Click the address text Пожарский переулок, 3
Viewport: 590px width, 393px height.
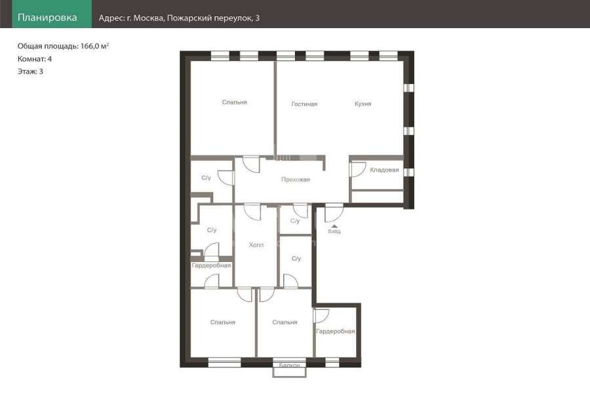pyautogui.click(x=213, y=18)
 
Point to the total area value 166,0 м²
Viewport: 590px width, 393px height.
pyautogui.click(x=94, y=46)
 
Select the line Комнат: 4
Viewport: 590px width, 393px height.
pyautogui.click(x=35, y=59)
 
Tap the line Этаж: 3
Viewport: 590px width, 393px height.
pyautogui.click(x=30, y=71)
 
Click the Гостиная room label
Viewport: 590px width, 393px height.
pyautogui.click(x=304, y=103)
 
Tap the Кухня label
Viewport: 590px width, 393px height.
pyautogui.click(x=363, y=103)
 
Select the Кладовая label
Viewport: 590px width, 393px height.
pyautogui.click(x=384, y=170)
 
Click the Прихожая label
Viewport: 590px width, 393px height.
pyautogui.click(x=296, y=179)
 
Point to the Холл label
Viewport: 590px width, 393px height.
pyautogui.click(x=256, y=245)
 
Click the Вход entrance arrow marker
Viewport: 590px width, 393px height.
pyautogui.click(x=334, y=226)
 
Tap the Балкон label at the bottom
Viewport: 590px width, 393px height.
pyautogui.click(x=289, y=365)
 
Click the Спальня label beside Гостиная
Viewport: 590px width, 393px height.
pyautogui.click(x=235, y=102)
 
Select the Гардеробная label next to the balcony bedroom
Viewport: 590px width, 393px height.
pyautogui.click(x=335, y=331)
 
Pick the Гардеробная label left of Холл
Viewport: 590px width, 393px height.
pyautogui.click(x=211, y=265)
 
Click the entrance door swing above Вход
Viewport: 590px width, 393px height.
pyautogui.click(x=334, y=213)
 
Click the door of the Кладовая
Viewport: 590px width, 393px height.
pyautogui.click(x=358, y=169)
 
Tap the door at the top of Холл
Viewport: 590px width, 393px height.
pyautogui.click(x=252, y=212)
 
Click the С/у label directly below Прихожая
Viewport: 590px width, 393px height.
pyautogui.click(x=295, y=221)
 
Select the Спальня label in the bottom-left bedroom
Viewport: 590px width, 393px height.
pyautogui.click(x=223, y=322)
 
